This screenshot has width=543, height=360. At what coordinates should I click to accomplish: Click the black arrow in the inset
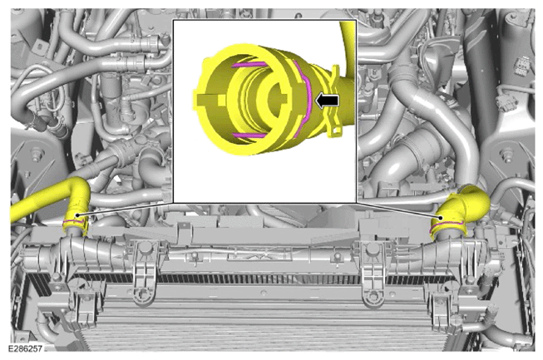(x=327, y=101)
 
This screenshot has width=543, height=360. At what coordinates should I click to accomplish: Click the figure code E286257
(x=25, y=348)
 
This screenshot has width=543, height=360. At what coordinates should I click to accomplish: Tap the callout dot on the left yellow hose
(x=77, y=215)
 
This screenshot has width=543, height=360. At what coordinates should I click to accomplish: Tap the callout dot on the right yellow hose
(x=441, y=218)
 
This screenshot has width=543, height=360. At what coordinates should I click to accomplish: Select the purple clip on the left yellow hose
(x=74, y=221)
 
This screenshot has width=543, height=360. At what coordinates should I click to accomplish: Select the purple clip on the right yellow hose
(x=447, y=224)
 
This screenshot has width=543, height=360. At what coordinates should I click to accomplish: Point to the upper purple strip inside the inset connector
(x=249, y=64)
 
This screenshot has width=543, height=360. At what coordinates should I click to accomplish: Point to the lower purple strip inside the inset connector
(x=249, y=136)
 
